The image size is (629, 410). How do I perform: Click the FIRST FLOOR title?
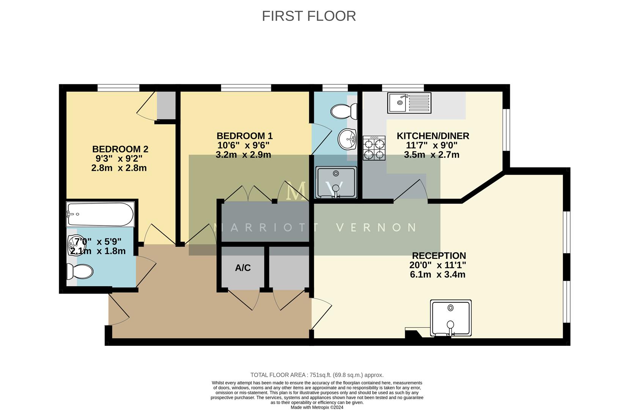(x=309, y=16)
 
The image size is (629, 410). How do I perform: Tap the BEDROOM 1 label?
(x=244, y=136)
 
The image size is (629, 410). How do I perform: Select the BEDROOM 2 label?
(x=120, y=149)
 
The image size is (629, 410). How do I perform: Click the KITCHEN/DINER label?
(x=432, y=136)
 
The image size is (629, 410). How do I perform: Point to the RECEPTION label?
(x=439, y=255)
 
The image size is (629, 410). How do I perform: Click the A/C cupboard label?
(x=243, y=268)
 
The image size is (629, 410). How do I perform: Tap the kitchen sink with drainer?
(x=409, y=103)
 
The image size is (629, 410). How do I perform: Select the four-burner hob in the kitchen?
(x=374, y=148)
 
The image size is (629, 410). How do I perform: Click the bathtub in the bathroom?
(x=100, y=214)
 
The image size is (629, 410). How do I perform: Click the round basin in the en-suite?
(x=347, y=139)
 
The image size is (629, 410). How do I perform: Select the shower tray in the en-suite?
(x=336, y=182)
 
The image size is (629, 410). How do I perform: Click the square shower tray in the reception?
(x=451, y=318)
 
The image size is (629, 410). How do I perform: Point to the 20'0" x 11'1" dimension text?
(x=437, y=265)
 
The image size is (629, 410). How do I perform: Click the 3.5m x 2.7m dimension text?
(x=431, y=155)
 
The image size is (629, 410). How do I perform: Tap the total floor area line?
(x=317, y=375)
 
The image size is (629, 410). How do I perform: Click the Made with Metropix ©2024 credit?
(x=317, y=407)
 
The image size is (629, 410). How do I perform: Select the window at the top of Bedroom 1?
(x=246, y=88)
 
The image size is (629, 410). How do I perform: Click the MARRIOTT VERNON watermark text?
(x=315, y=227)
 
